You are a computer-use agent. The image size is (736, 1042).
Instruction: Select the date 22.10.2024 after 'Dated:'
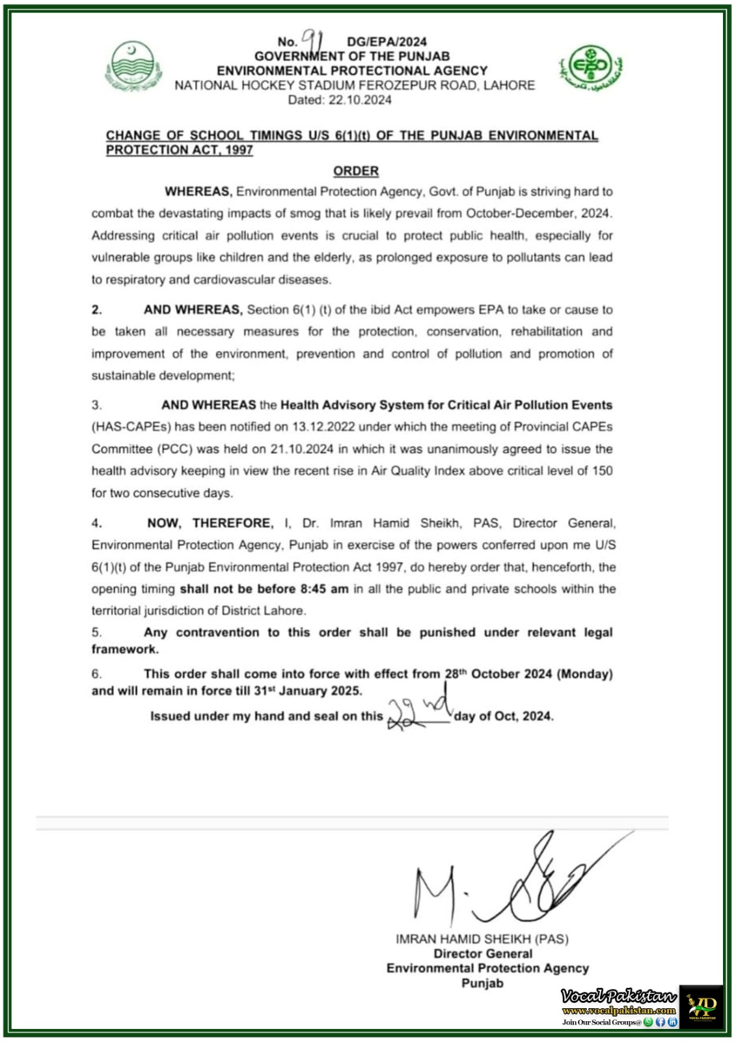coord(360,100)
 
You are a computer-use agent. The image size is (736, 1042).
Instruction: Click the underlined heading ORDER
coord(355,171)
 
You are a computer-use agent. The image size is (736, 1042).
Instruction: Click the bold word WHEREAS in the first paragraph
coord(198,191)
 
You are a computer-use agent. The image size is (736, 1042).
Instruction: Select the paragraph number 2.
coord(96,310)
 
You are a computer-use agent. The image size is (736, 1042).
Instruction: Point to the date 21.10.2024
coord(303,449)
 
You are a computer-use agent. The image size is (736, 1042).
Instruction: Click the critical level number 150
coord(602,471)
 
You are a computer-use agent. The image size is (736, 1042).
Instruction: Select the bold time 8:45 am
coord(324,589)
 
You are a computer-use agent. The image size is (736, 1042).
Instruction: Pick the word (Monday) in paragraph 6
coord(584,674)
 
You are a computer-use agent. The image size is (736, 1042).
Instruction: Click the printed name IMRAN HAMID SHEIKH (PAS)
coord(482,939)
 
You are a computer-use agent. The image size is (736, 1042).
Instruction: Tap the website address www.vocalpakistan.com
coord(619,1010)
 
